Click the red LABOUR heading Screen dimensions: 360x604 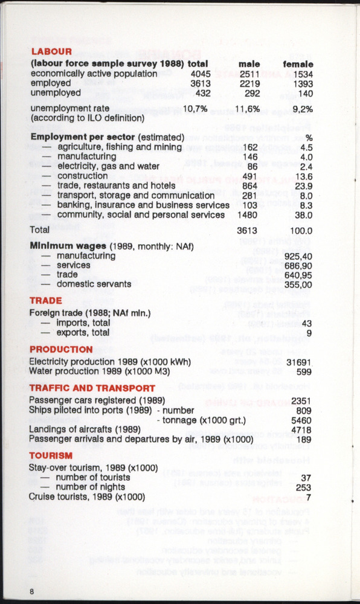(51, 51)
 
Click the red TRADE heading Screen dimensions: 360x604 (45, 300)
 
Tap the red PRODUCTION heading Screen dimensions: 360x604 (61, 349)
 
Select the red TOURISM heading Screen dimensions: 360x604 (51, 455)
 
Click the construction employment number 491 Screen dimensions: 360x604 (249, 176)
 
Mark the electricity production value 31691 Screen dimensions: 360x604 (299, 362)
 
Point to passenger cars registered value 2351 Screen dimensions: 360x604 (301, 400)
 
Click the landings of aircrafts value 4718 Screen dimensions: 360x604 (301, 429)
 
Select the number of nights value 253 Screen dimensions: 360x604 (304, 487)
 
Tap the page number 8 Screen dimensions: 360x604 (31, 591)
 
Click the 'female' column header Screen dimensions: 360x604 (298, 63)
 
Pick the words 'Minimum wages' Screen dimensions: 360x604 (60, 246)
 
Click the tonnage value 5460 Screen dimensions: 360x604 (301, 420)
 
